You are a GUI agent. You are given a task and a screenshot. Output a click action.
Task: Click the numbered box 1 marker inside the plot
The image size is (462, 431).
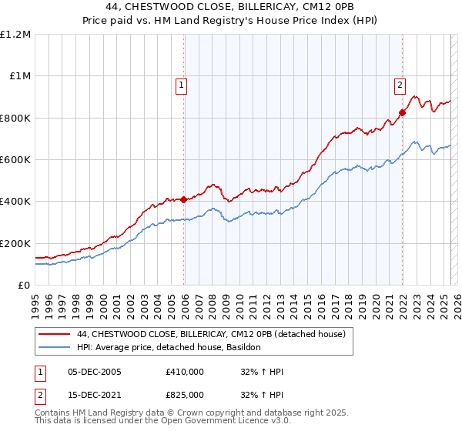(x=181, y=85)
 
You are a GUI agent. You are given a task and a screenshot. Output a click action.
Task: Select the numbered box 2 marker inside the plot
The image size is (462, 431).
(x=400, y=85)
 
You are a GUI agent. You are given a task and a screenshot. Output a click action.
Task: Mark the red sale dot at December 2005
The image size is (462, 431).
(x=184, y=200)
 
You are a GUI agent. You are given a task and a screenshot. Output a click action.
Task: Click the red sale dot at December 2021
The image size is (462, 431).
(x=402, y=113)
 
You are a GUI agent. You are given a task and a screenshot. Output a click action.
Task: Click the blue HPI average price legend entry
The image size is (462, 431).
(x=169, y=348)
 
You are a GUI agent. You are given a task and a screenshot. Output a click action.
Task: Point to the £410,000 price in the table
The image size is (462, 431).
(x=185, y=372)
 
